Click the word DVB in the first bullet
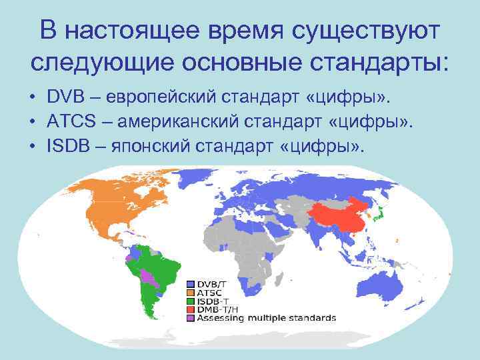65,98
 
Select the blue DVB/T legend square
191,285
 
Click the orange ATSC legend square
191,293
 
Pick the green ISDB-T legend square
191,301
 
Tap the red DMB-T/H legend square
191,309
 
